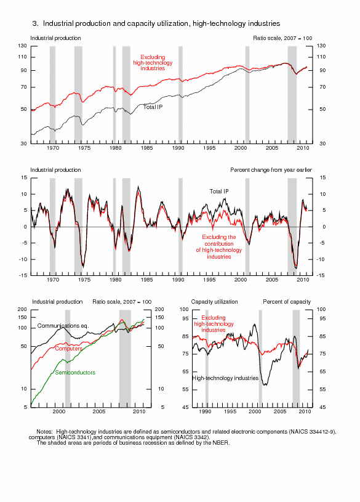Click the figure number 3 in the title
[x=34, y=23]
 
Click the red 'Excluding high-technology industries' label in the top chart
[x=153, y=63]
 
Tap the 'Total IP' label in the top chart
[x=153, y=107]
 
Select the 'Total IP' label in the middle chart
[x=219, y=192]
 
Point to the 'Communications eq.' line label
[x=63, y=326]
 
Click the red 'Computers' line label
[x=68, y=349]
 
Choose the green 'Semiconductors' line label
[x=75, y=372]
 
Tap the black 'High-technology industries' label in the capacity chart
[x=225, y=378]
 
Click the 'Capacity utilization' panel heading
[x=214, y=302]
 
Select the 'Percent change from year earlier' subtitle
[x=271, y=170]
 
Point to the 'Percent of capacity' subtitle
[x=287, y=302]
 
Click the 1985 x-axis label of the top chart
[x=147, y=148]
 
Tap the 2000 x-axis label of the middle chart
[x=241, y=280]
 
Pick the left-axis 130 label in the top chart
[x=22, y=46]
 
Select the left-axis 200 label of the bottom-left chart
[x=22, y=309]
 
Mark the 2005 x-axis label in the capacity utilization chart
[x=280, y=411]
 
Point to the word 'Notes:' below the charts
[x=44, y=432]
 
